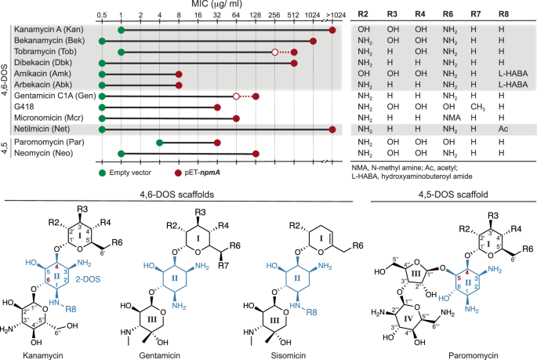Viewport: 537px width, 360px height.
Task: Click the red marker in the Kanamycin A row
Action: [332, 30]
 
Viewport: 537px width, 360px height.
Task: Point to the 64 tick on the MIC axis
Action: [236, 16]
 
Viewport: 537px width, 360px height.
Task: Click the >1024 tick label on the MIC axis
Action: [333, 16]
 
